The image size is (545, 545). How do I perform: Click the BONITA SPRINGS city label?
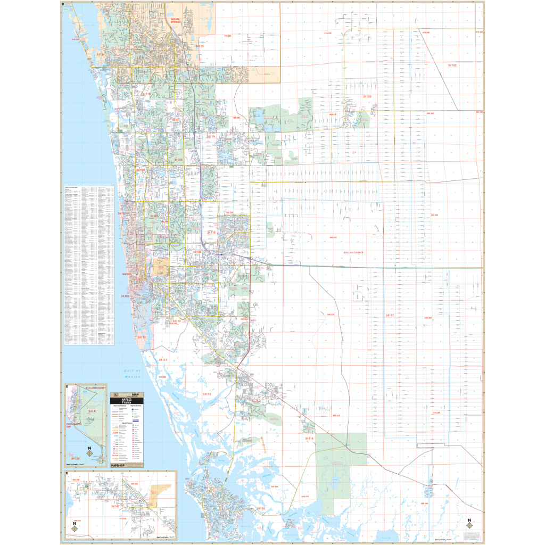pos(176,20)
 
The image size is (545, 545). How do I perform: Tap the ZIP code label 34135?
pos(200,46)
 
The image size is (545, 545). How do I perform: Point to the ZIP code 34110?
pos(146,94)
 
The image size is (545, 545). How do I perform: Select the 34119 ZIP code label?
pos(210,137)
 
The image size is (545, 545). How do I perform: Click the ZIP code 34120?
pos(367,96)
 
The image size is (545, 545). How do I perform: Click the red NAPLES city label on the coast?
pos(127,274)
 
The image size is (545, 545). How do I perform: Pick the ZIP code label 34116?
pos(211,233)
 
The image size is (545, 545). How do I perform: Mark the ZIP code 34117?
pos(390,316)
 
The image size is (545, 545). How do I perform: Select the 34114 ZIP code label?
pos(309,439)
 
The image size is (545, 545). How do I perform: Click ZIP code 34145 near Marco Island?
pos(261,508)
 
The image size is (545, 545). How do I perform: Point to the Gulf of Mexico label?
pos(131,374)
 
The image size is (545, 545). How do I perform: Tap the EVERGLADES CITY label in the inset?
pos(73,425)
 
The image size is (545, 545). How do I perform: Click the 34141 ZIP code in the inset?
pos(92,411)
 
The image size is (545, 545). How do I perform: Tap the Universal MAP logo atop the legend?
pos(127,393)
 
